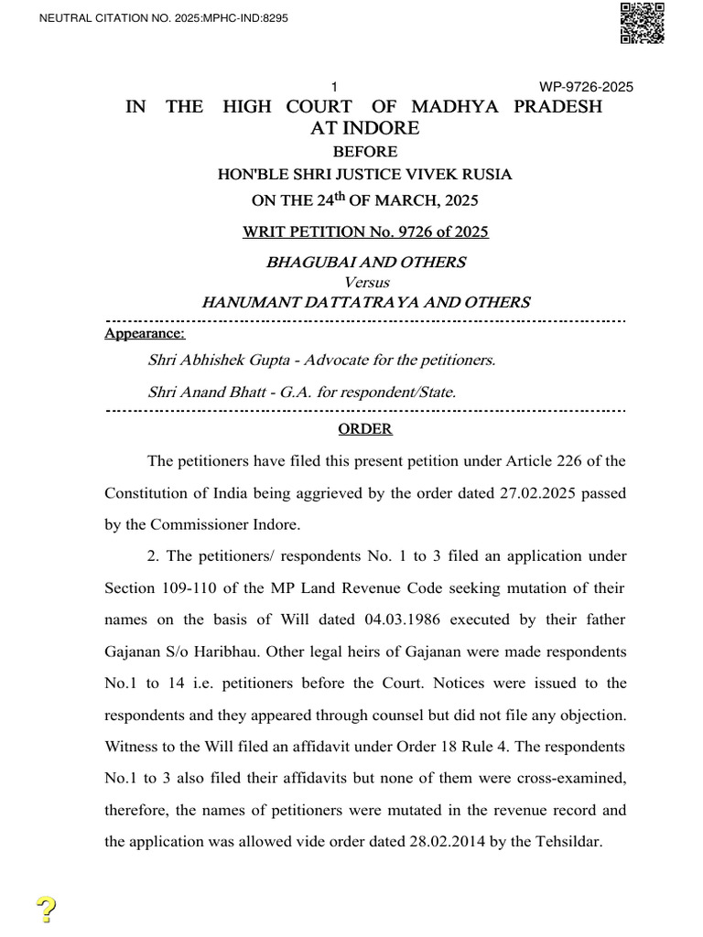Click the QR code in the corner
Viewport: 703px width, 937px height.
tap(642, 23)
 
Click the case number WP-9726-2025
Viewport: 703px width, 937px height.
tap(587, 88)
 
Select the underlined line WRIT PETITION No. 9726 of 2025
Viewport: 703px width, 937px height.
tap(365, 232)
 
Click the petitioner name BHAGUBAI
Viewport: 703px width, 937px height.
tap(311, 263)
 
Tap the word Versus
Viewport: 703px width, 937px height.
tap(365, 282)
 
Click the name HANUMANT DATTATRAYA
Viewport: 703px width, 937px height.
tap(298, 302)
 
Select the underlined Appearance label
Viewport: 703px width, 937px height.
tap(145, 335)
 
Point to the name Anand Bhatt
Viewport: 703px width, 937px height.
tap(214, 392)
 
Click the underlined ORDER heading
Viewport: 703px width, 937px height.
tap(365, 429)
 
